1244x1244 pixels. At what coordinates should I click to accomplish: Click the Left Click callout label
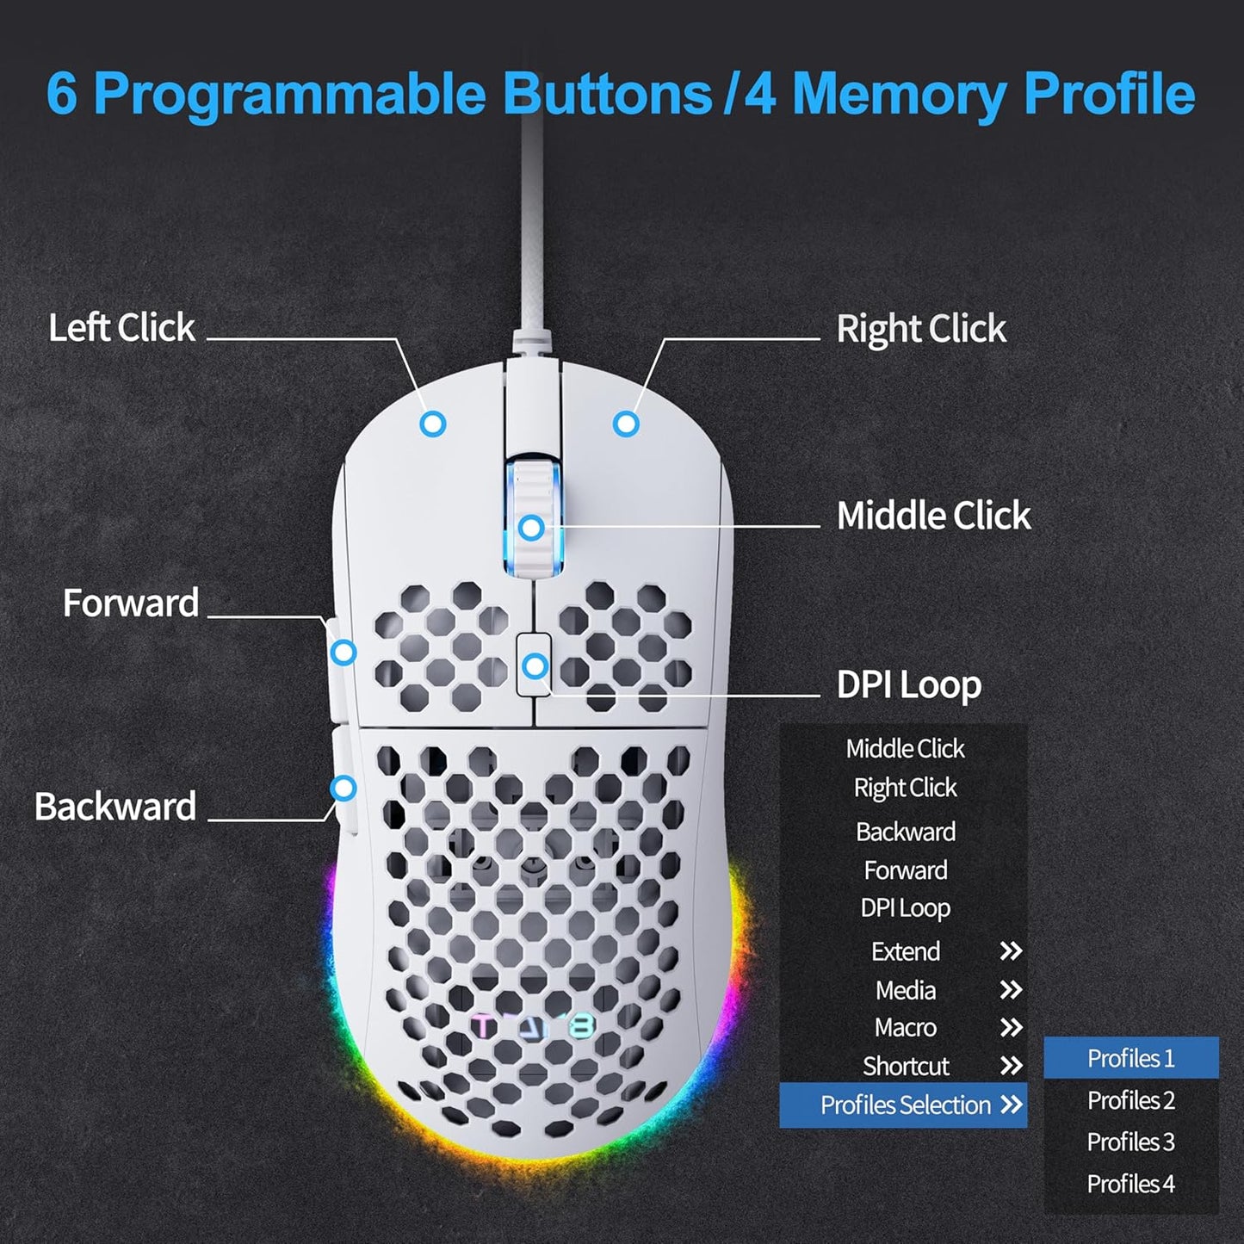click(x=121, y=328)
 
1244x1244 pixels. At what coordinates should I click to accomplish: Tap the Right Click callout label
click(x=920, y=329)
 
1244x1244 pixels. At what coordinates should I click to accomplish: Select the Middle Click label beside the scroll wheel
click(x=932, y=516)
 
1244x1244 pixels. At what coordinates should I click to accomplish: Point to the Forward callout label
click(x=131, y=603)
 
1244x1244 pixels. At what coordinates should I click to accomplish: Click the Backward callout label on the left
click(x=115, y=807)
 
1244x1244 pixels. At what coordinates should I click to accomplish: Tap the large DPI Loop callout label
click(x=908, y=685)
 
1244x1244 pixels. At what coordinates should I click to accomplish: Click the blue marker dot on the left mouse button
click(x=433, y=424)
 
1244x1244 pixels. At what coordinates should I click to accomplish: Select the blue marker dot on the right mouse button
click(x=626, y=424)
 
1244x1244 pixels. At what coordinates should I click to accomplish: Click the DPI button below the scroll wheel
click(x=535, y=665)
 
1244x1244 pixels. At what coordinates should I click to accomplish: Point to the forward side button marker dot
click(x=343, y=653)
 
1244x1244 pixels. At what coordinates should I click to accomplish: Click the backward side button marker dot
click(x=343, y=788)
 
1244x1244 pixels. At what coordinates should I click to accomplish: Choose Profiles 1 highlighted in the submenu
click(x=1130, y=1058)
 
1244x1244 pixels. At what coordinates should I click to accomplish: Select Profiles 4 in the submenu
click(x=1130, y=1184)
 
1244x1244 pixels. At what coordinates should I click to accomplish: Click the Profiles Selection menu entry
click(x=905, y=1105)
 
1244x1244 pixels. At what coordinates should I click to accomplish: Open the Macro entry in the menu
click(x=905, y=1027)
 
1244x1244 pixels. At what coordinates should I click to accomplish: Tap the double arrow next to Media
click(x=1011, y=990)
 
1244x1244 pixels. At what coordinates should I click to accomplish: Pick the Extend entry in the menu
click(x=905, y=951)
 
